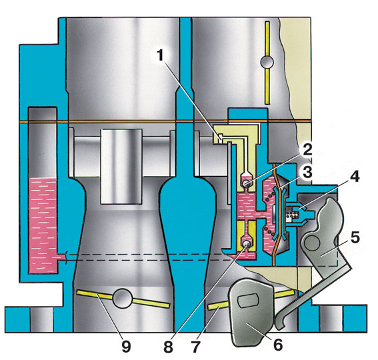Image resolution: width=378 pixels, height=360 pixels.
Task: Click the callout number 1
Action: (x=160, y=55)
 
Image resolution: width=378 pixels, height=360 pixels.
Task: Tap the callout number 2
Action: (x=306, y=151)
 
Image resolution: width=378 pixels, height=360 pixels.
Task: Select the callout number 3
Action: (x=307, y=172)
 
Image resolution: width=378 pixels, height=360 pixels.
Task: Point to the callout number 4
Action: (x=354, y=177)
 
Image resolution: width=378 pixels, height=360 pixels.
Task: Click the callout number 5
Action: (x=355, y=237)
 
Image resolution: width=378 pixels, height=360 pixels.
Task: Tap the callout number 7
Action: (x=195, y=347)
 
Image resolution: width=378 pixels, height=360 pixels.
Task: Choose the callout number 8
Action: (x=168, y=347)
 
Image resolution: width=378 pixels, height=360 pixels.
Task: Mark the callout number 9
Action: (x=126, y=347)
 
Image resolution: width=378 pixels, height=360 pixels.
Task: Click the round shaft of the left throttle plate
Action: (x=123, y=299)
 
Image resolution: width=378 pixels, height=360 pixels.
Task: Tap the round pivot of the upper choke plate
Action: (x=267, y=62)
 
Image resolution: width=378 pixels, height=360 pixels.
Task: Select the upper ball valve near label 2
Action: (x=246, y=184)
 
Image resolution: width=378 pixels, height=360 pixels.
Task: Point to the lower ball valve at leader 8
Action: (x=246, y=244)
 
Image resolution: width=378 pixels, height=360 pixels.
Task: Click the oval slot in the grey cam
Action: (x=248, y=301)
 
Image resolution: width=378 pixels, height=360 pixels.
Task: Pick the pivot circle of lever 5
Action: (x=312, y=244)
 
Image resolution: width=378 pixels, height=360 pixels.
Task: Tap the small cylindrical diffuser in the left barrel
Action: (x=121, y=167)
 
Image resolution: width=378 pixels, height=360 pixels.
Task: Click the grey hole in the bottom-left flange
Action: (x=41, y=320)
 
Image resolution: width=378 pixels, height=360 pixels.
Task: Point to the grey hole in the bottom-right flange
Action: (x=331, y=320)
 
